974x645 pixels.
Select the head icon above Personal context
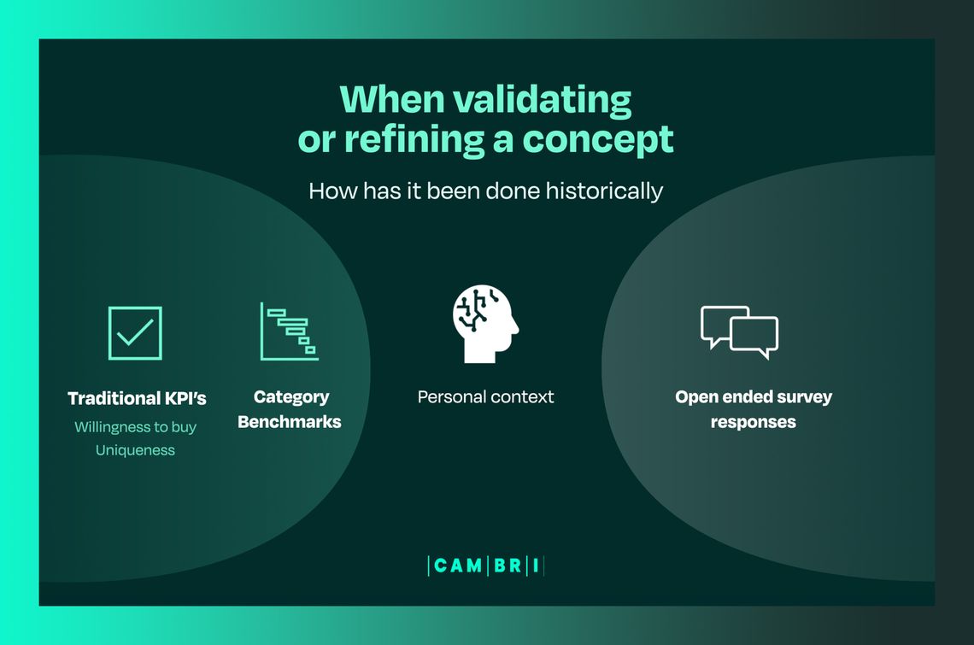[485, 324]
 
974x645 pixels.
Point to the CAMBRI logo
[486, 566]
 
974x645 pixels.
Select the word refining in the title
[414, 139]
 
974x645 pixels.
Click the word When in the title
[392, 99]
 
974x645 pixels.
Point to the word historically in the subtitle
[604, 191]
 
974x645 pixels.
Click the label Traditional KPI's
[137, 398]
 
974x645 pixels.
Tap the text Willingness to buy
[135, 427]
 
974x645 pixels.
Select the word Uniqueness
[135, 450]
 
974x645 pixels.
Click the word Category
[291, 397]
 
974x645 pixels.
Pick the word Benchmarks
[290, 422]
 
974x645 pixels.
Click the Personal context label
[486, 396]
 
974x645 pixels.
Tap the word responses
[753, 423]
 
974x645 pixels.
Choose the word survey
[805, 397]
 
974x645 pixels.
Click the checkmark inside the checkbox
[135, 331]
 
